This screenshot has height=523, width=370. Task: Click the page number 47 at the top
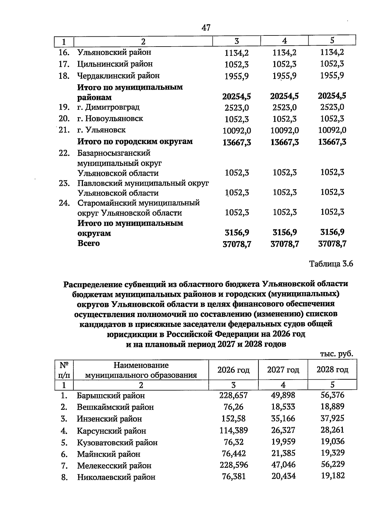pyautogui.click(x=206, y=28)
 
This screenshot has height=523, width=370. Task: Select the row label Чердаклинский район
pyautogui.click(x=118, y=76)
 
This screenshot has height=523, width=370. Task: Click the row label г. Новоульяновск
pyautogui.click(x=110, y=119)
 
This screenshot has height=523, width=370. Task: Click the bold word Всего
pyautogui.click(x=88, y=243)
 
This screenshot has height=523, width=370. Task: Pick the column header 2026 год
pyautogui.click(x=233, y=370)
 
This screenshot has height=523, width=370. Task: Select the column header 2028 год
pyautogui.click(x=332, y=369)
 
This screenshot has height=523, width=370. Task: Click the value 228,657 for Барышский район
pyautogui.click(x=233, y=395)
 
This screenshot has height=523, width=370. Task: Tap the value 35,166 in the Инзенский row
pyautogui.click(x=283, y=418)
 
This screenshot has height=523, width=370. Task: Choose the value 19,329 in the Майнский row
pyautogui.click(x=332, y=453)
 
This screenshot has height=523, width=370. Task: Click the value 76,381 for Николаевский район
pyautogui.click(x=234, y=477)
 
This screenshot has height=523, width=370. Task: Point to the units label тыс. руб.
pyautogui.click(x=336, y=354)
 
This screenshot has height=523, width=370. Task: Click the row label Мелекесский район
pyautogui.click(x=114, y=465)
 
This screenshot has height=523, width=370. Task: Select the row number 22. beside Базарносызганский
pyautogui.click(x=64, y=153)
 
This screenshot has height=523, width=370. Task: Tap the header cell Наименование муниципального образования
pyautogui.click(x=141, y=370)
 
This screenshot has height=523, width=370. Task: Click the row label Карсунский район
pyautogui.click(x=111, y=431)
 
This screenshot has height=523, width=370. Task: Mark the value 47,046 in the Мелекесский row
pyautogui.click(x=283, y=465)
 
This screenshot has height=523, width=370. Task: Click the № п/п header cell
pyautogui.click(x=64, y=370)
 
